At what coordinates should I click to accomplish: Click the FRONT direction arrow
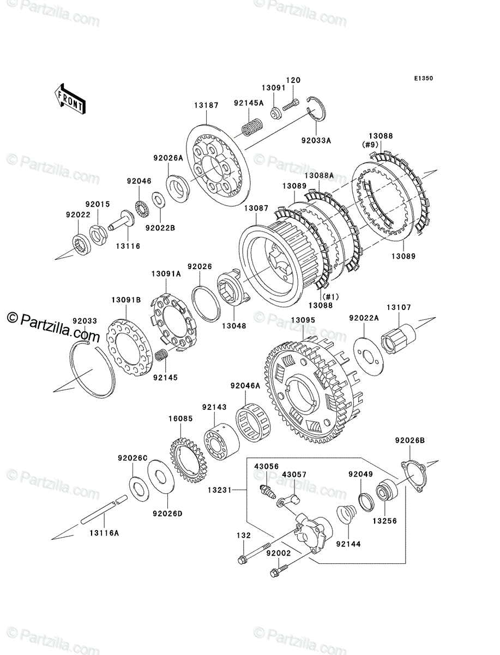pyautogui.click(x=70, y=98)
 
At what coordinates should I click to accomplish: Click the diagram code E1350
pyautogui.click(x=424, y=79)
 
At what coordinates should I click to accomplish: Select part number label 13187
pyautogui.click(x=207, y=105)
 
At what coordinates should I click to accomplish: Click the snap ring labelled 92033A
pyautogui.click(x=316, y=109)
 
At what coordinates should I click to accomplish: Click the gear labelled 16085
pyautogui.click(x=189, y=462)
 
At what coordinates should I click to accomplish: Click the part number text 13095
pyautogui.click(x=303, y=320)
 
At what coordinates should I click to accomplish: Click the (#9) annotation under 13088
pyautogui.click(x=370, y=145)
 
